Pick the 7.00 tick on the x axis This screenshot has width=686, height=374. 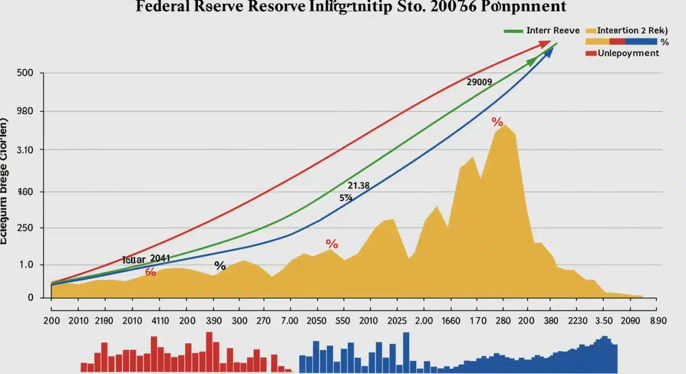point(282,321)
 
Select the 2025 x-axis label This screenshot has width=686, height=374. point(398,321)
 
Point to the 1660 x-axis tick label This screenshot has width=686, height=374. point(463,321)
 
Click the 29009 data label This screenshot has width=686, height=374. point(479,82)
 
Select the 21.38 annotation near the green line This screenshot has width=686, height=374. point(358,186)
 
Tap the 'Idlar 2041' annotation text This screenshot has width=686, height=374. point(146,259)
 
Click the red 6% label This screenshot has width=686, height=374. point(150,272)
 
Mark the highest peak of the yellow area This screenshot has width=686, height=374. point(504,125)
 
